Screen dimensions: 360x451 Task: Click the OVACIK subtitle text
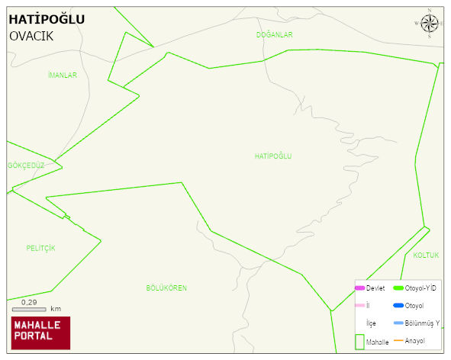pyautogui.click(x=31, y=36)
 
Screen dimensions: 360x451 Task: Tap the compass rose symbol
pyautogui.click(x=430, y=23)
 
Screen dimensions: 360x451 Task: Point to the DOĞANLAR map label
pyautogui.click(x=275, y=35)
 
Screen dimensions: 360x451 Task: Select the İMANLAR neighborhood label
pyautogui.click(x=62, y=75)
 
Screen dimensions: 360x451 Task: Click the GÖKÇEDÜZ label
pyautogui.click(x=26, y=166)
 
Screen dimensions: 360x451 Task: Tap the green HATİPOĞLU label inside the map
pyautogui.click(x=273, y=156)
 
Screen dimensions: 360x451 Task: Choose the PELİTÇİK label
pyautogui.click(x=40, y=248)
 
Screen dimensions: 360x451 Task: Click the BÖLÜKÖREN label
pyautogui.click(x=166, y=288)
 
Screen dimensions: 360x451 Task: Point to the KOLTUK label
pyautogui.click(x=426, y=255)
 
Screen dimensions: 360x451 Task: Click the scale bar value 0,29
pyautogui.click(x=30, y=303)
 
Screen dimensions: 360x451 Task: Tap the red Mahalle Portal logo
pyautogui.click(x=40, y=333)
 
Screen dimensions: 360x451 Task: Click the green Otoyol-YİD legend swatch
pyautogui.click(x=398, y=288)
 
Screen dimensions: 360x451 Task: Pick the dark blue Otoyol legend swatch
pyautogui.click(x=398, y=306)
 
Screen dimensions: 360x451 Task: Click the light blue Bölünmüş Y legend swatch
pyautogui.click(x=398, y=323)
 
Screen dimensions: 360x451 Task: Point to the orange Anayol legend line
pyautogui.click(x=398, y=340)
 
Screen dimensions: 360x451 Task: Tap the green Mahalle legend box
pyautogui.click(x=359, y=342)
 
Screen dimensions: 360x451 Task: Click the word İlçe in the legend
pyautogui.click(x=372, y=323)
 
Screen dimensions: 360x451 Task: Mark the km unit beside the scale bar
pyautogui.click(x=56, y=309)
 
